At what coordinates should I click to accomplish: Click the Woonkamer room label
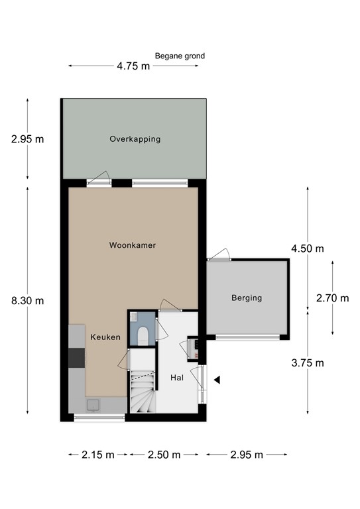(133, 245)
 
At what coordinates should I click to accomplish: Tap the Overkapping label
(135, 139)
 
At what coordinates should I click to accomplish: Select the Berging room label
(247, 298)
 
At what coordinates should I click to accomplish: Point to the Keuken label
(105, 337)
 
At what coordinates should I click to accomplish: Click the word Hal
(177, 378)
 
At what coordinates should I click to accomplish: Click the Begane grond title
(180, 56)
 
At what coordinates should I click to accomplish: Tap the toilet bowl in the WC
(143, 335)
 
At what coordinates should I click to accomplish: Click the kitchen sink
(93, 405)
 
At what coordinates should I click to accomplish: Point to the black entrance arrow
(217, 380)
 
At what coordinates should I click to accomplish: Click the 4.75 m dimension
(133, 66)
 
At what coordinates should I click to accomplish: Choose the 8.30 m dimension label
(28, 301)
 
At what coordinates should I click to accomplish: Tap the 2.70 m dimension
(332, 298)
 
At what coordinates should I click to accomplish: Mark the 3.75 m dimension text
(308, 363)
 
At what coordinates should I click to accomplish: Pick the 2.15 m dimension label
(97, 455)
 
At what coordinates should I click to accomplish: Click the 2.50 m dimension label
(164, 455)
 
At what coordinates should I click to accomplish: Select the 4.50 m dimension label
(308, 249)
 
